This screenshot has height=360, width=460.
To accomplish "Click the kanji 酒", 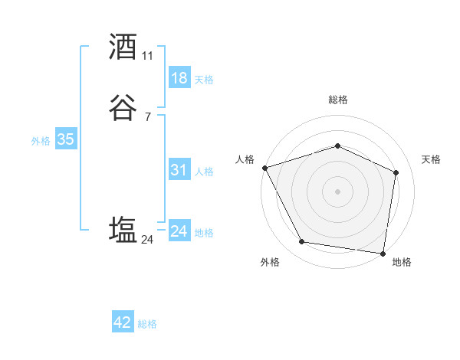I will pos(123,47).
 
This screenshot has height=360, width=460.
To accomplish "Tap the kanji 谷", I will pos(123,108).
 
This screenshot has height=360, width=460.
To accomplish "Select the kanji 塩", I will pos(123,230).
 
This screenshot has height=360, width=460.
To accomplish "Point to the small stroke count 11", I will pos(147,56).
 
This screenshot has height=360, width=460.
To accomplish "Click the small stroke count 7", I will pos(147,117).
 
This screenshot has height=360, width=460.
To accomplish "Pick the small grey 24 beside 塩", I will pos(147,240).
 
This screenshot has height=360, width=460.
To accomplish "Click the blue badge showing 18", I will pos(179,78).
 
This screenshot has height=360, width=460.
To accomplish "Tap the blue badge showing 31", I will pos(179,171).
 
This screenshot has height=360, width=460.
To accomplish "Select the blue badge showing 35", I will pos(65,139).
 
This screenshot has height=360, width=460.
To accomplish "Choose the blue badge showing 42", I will pos(123,322).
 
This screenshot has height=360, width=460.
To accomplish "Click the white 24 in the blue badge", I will pos(179,232).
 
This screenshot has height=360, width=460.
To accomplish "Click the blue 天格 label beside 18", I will pos(204,80).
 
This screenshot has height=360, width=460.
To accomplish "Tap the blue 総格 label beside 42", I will pos(147,324).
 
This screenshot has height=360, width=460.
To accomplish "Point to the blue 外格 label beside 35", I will pos(41,141).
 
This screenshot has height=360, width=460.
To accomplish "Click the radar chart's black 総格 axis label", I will pos(337,100).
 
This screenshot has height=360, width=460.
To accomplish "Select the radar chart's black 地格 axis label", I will pos(402,262).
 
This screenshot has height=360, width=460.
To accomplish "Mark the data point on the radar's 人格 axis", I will pos(264,168).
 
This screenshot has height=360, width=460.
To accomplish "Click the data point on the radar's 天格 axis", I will pos(396,172).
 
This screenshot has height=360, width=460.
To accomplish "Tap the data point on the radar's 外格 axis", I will pos(302,242).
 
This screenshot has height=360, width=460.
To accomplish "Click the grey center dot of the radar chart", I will pos(337,191).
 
